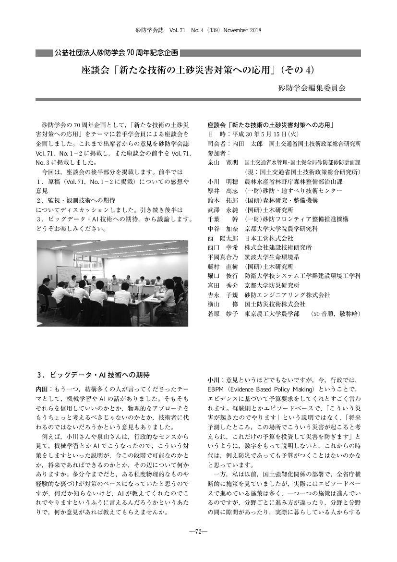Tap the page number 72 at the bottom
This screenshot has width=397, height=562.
pos(198,532)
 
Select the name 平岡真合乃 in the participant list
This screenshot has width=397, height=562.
pos(222,257)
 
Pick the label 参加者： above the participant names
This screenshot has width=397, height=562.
pos(217,153)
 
